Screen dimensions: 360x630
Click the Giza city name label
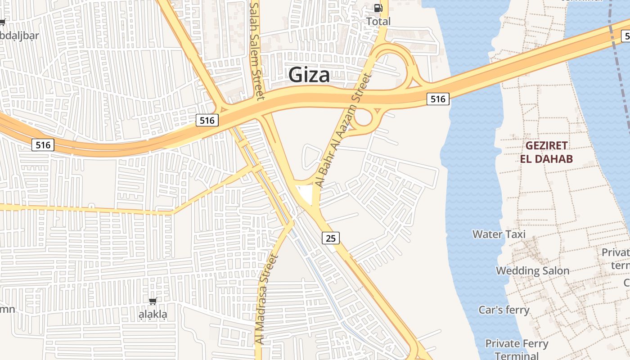(309, 75)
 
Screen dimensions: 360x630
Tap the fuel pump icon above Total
(378, 8)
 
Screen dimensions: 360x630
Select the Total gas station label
(378, 21)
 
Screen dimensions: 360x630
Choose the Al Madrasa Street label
(267, 299)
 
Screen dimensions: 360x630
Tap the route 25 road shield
(331, 238)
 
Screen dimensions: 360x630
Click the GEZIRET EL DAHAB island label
(546, 152)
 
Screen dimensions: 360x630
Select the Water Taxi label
(499, 234)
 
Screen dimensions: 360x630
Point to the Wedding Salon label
(533, 270)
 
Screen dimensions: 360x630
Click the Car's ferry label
(504, 310)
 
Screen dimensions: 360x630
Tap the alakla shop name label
(153, 315)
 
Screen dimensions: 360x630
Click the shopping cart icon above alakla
(153, 301)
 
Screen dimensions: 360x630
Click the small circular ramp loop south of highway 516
(363, 118)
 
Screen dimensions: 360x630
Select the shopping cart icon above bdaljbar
(2, 22)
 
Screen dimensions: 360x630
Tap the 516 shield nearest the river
(438, 99)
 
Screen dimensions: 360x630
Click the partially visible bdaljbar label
(19, 35)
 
